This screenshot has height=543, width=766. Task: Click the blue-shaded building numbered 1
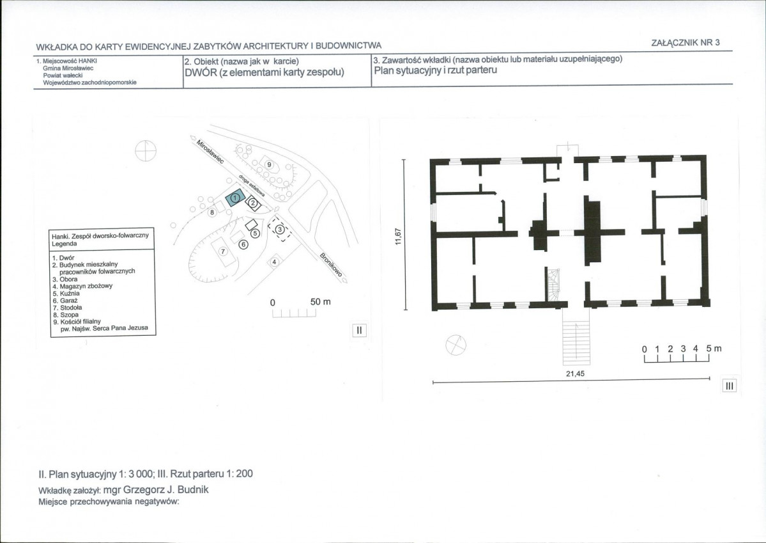tap(235, 198)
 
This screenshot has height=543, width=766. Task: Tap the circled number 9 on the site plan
tap(269, 165)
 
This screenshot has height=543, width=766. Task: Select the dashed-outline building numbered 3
tap(280, 229)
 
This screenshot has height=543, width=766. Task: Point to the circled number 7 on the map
tap(223, 251)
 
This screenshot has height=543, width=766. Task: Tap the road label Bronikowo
tap(332, 265)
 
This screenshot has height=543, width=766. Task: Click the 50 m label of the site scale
tap(321, 302)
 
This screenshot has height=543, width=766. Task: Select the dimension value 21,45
tap(575, 374)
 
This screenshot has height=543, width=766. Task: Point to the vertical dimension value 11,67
tap(398, 237)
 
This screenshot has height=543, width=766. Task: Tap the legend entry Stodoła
tap(68, 308)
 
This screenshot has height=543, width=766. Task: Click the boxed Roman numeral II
tap(359, 331)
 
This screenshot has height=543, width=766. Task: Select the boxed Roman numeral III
tap(730, 386)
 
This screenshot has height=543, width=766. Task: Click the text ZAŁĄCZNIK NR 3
tap(686, 43)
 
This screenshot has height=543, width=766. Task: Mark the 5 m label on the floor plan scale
tap(713, 349)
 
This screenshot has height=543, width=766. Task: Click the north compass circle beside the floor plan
tap(456, 345)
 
